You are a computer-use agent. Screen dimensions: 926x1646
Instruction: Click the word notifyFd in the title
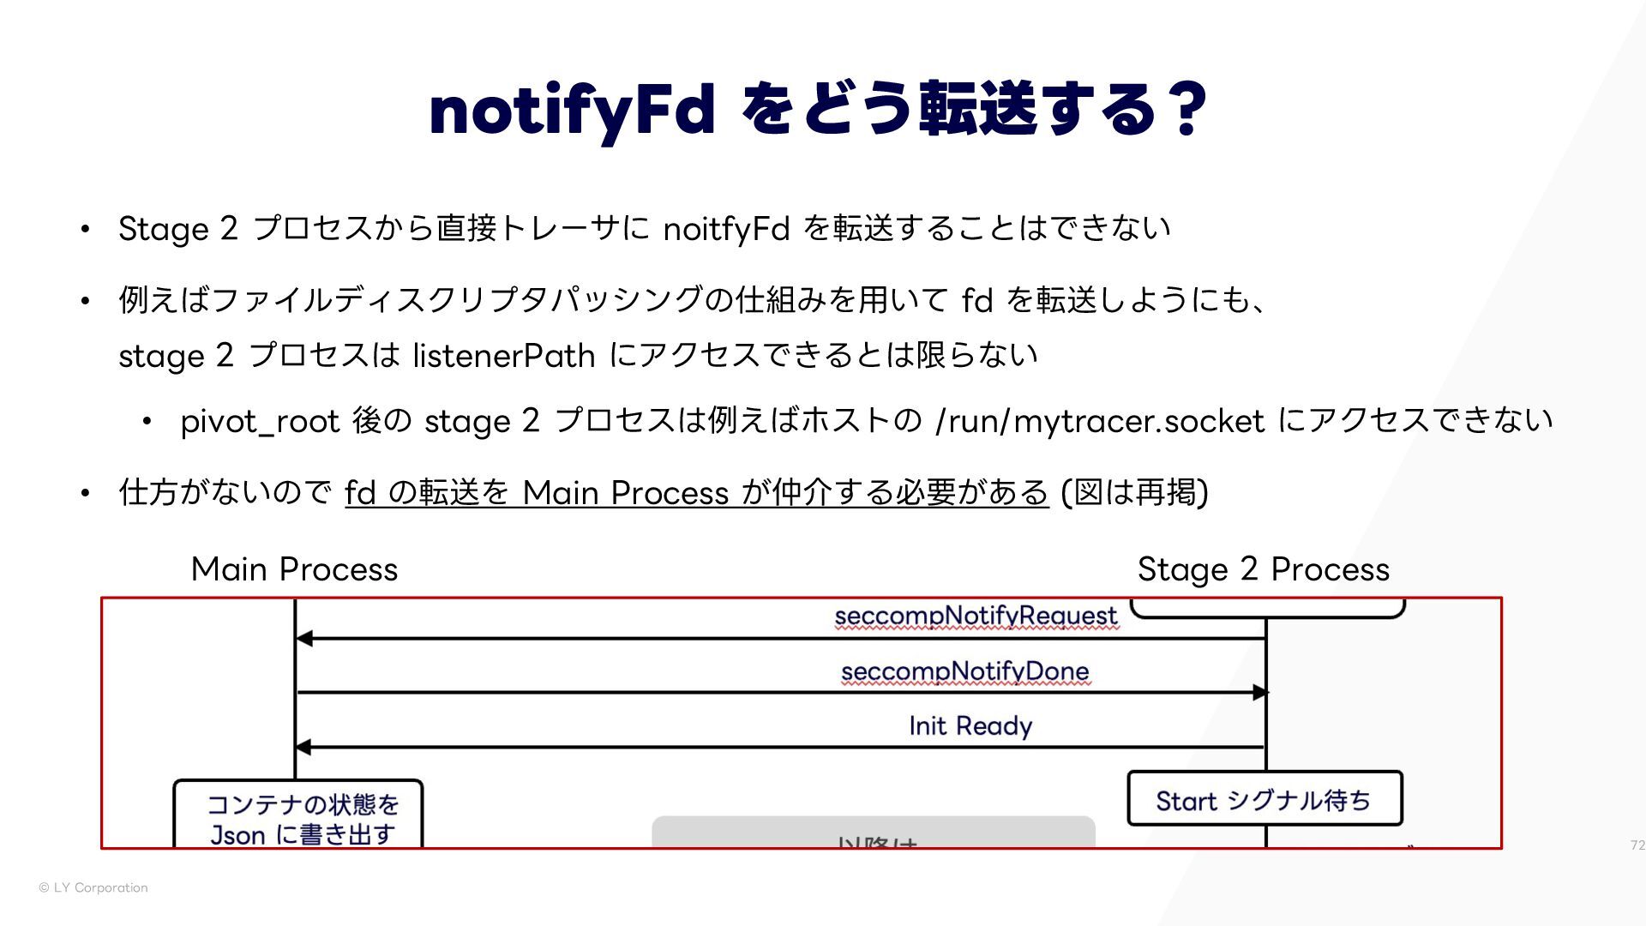[572, 110]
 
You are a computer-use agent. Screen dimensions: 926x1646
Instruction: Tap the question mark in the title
[1187, 110]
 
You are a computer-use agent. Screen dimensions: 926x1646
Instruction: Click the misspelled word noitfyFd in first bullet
[726, 229]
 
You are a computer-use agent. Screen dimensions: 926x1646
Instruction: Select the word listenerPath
[504, 355]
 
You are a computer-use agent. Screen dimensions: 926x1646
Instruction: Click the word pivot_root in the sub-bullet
[260, 421]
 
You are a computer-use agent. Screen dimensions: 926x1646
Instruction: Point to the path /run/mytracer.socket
[1100, 421]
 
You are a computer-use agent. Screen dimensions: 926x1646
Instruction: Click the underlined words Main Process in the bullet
[625, 493]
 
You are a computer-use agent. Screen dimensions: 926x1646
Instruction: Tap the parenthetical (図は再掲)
[1134, 493]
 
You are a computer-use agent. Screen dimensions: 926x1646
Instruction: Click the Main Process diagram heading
[294, 569]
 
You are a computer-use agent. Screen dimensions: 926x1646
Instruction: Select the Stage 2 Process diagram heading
[1263, 569]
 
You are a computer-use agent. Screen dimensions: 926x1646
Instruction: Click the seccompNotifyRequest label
[976, 616]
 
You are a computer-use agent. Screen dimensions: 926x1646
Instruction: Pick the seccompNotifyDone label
[964, 671]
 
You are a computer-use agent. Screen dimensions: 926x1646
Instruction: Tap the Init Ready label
[970, 726]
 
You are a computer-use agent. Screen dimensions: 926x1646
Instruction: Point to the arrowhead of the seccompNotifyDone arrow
[1259, 693]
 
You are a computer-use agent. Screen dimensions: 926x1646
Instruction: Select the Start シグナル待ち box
[1265, 799]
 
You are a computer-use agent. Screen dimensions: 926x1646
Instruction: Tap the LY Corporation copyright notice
[93, 887]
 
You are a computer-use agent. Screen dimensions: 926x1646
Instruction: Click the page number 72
[1637, 845]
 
